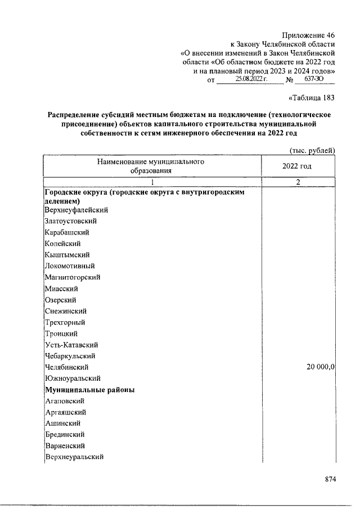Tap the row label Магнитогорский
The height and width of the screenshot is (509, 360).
73,277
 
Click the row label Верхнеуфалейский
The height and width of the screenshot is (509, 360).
76,210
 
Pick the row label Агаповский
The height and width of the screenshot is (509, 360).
65,401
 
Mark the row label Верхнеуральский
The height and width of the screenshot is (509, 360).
74,457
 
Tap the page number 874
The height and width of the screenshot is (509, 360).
330,479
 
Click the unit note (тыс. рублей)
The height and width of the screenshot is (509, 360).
312,150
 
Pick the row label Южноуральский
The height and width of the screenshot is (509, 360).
73,379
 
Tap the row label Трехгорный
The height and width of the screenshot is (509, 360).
65,322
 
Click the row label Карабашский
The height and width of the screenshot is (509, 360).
67,232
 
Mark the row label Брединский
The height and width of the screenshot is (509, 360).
65,435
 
